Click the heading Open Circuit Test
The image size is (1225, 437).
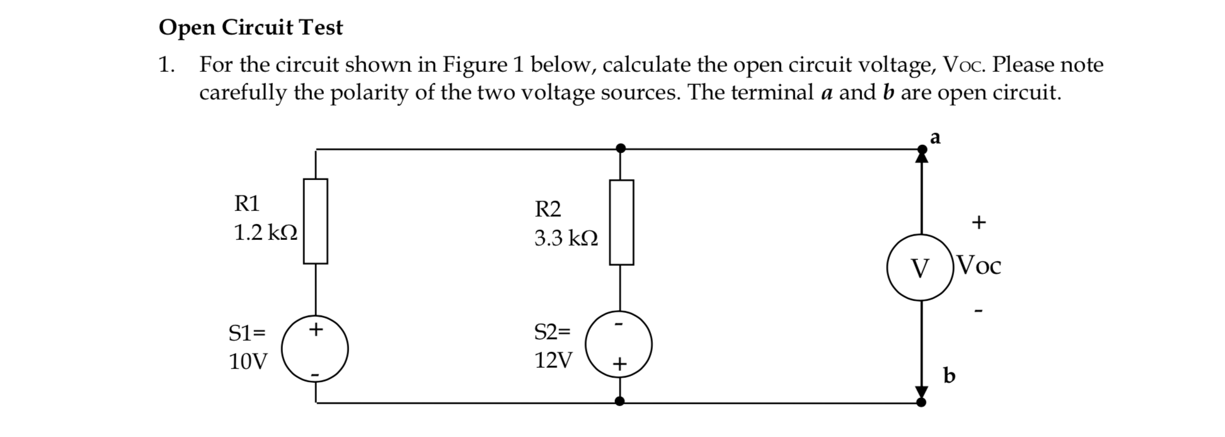click(x=251, y=28)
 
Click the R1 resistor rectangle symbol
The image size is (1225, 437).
click(x=315, y=221)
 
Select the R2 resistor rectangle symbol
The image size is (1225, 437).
click(x=621, y=222)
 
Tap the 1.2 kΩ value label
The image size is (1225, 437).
click(x=265, y=234)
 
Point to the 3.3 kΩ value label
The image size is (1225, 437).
click(x=566, y=239)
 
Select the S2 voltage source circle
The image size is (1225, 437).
click(x=619, y=344)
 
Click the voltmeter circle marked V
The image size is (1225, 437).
click(x=920, y=268)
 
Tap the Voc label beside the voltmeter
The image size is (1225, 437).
click(x=977, y=266)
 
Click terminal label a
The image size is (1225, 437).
click(x=935, y=138)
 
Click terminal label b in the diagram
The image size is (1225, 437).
click(x=949, y=376)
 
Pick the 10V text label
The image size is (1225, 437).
click(x=248, y=361)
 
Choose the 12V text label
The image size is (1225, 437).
click(x=553, y=360)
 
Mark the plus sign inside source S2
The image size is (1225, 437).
click(x=619, y=364)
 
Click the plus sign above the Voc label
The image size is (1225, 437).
click(x=977, y=222)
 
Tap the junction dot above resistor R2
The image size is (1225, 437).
click(x=621, y=149)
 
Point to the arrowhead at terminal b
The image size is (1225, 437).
click(x=922, y=392)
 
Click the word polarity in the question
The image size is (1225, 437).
click(x=369, y=93)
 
